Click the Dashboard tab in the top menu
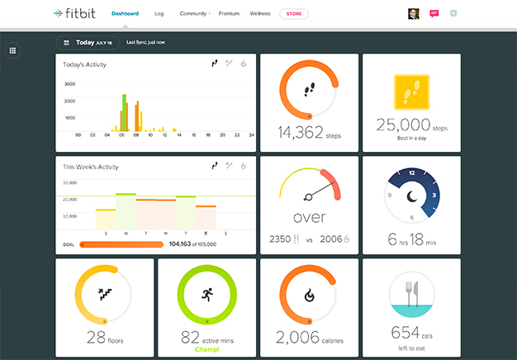point(125,13)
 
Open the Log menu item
point(159,13)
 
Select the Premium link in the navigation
point(229,13)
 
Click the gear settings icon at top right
point(453,13)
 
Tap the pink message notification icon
point(434,13)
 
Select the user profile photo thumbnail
point(414,13)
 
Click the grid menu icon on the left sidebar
point(12,50)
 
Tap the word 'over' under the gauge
point(309,218)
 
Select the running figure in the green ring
point(206,296)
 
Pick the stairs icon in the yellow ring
point(104,293)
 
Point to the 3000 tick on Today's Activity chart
point(69,84)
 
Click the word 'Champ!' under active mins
point(206,349)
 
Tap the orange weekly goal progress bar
point(121,244)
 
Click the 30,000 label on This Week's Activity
point(69,182)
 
